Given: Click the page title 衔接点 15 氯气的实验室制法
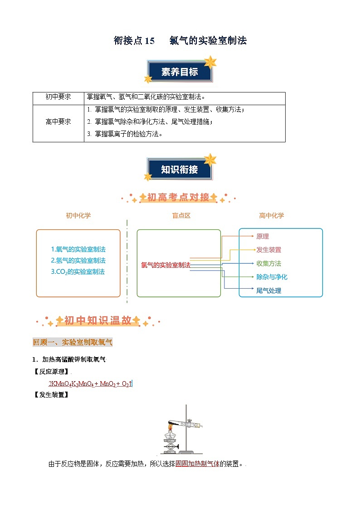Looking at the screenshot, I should coord(180,41).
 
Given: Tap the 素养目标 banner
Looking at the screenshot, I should coord(180,72).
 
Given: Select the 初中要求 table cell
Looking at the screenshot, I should coord(58,97).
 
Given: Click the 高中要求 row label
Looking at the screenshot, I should coord(58,121).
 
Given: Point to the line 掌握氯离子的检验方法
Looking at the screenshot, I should coord(125,134).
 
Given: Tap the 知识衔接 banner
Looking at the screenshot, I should coord(180,170).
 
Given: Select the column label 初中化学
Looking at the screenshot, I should coord(78,216).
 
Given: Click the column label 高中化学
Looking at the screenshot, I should coord(272,216).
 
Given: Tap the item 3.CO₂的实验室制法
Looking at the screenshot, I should coord(78,272).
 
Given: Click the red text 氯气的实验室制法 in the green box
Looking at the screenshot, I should coord(165,265).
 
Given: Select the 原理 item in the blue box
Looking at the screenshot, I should coord(263,236).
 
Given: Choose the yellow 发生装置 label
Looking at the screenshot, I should coord(268,250).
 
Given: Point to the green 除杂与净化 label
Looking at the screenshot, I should coord(272,277).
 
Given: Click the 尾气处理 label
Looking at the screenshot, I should coord(268,291).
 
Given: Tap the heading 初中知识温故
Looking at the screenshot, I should coord(98,321).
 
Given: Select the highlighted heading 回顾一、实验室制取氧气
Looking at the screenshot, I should coord(73,342).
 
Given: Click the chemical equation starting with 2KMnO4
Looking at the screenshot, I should coord(90,384).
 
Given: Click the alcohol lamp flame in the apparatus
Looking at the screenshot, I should coord(172,427).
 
